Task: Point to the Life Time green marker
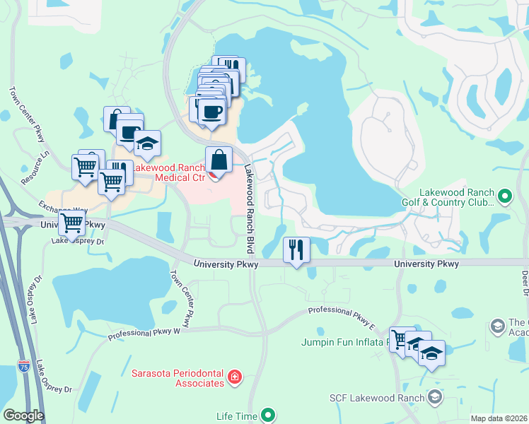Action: point(268,415)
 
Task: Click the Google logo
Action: point(23,416)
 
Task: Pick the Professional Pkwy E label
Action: point(341,316)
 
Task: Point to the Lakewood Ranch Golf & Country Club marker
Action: point(504,195)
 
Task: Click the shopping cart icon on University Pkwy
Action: point(71,224)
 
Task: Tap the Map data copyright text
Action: point(498,418)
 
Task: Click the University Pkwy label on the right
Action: point(426,264)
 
